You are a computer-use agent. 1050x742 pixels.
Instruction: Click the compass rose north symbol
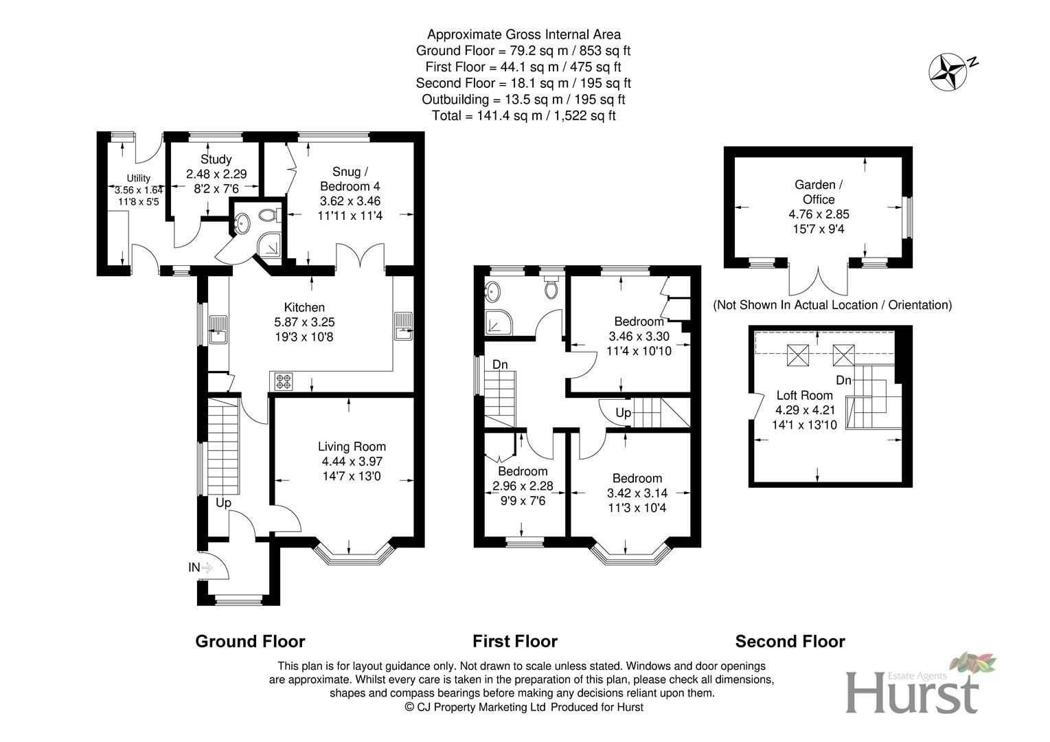pos(948,71)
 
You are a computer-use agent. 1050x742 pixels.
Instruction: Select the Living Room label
pos(352,447)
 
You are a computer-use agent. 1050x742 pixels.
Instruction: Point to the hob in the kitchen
pos(284,381)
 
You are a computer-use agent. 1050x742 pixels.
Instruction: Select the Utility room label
pos(137,179)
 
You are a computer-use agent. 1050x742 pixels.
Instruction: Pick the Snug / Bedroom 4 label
pos(350,179)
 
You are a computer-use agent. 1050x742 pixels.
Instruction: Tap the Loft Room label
pos(804,395)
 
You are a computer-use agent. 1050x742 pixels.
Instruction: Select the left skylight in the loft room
pos(799,355)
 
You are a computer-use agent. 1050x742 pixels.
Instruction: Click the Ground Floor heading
pos(250,641)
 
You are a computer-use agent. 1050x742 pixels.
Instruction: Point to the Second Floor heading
pos(790,641)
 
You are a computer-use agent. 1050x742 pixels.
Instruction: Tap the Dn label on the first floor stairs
pos(500,364)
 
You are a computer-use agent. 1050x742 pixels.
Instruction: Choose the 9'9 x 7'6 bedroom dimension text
pos(523,501)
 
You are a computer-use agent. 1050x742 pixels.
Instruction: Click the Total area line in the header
pos(523,115)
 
